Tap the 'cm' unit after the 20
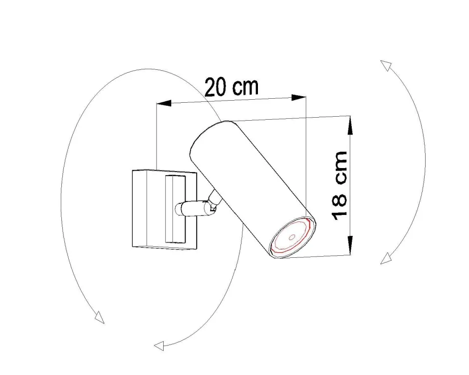(246, 87)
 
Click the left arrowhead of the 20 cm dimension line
(164, 103)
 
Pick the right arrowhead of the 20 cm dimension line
(299, 97)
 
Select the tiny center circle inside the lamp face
(293, 237)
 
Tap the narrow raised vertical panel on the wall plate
(175, 209)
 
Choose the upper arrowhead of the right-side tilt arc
(385, 65)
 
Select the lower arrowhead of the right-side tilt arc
(385, 259)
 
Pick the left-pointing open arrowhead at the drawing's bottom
(159, 345)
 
